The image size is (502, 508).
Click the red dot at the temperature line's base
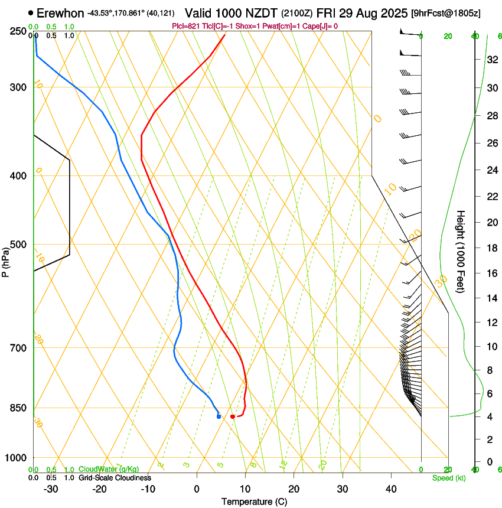pyautogui.click(x=233, y=416)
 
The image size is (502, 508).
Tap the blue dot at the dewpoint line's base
pyautogui.click(x=219, y=416)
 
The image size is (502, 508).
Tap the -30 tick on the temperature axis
pyautogui.click(x=51, y=489)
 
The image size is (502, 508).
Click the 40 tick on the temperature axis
pyautogui.click(x=391, y=489)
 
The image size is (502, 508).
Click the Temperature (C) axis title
pyautogui.click(x=254, y=502)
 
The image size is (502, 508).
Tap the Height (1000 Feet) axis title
pyautogui.click(x=461, y=251)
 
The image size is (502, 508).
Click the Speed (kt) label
pyautogui.click(x=448, y=478)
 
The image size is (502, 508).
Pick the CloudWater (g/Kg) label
pyautogui.click(x=109, y=470)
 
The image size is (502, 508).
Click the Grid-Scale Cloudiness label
pyautogui.click(x=115, y=478)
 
